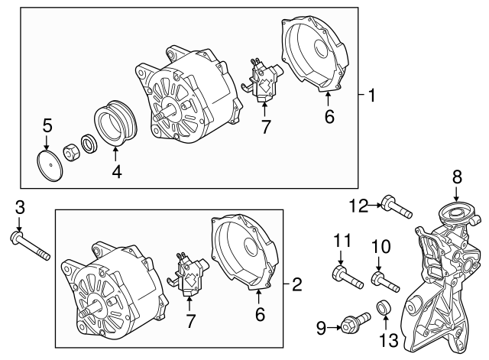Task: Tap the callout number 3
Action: click(20, 206)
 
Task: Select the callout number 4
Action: click(116, 172)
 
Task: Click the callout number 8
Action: click(457, 177)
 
